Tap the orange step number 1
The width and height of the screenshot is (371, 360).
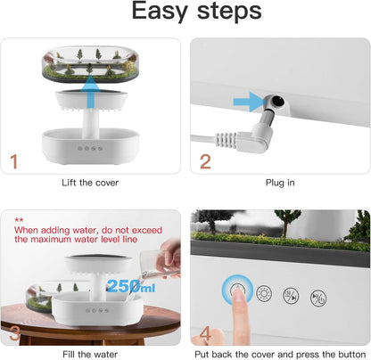click(x=14, y=162)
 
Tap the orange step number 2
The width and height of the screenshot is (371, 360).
click(x=205, y=162)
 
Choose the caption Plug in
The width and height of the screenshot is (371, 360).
click(x=280, y=183)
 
